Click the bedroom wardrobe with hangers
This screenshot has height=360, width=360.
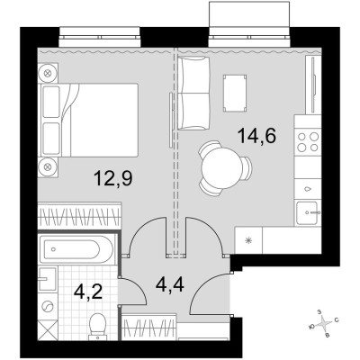pyautogui.click(x=79, y=216)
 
